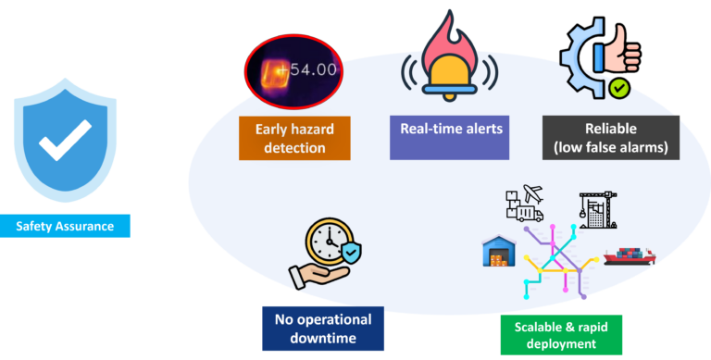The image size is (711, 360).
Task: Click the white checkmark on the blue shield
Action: click(65, 140)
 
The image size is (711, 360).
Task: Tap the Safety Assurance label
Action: click(65, 226)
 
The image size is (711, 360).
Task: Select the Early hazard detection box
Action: click(294, 138)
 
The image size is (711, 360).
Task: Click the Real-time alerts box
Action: click(449, 138)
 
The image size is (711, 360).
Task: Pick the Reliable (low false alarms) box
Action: click(611, 138)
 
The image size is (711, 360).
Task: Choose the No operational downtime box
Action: click(323, 329)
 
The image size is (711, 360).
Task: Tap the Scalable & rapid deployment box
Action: click(561, 335)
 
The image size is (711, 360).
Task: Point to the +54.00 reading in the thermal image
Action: click(308, 69)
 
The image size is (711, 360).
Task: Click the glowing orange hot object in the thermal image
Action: click(275, 73)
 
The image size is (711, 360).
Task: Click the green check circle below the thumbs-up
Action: click(619, 89)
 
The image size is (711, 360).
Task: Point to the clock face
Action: click(329, 242)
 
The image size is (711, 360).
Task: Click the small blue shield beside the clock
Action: click(351, 253)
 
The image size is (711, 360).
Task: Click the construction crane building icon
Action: click(598, 209)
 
